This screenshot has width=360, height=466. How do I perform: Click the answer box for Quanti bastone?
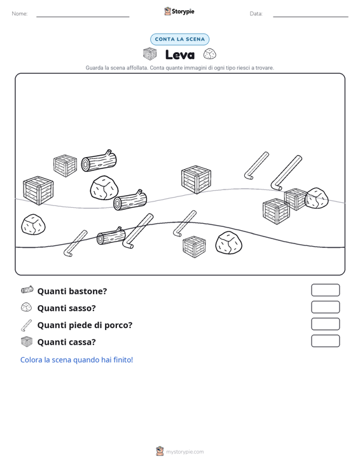[325, 290]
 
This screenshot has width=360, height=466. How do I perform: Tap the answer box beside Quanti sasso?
[325, 307]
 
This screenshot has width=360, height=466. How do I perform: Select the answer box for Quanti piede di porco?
[325, 324]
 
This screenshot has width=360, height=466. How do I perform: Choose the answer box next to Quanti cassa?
[325, 341]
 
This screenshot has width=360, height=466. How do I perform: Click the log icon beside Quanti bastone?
[27, 290]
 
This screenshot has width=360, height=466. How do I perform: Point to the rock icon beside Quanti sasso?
[27, 307]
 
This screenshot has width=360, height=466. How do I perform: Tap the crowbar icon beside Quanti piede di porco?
[26, 325]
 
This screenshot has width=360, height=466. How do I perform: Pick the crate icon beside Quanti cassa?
[27, 342]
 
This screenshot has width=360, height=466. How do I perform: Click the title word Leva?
[180, 55]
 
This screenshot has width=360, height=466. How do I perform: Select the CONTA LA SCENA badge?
[180, 39]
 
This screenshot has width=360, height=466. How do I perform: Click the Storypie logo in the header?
[179, 11]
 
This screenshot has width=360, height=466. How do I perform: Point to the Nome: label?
[20, 14]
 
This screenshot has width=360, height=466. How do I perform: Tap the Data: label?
[256, 14]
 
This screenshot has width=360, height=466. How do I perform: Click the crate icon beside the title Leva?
[150, 54]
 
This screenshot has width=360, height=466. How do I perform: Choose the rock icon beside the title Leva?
[210, 54]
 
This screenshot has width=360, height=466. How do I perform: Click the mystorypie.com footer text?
[185, 452]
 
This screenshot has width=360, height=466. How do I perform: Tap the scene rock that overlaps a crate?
[317, 198]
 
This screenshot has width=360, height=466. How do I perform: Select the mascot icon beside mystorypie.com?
[160, 451]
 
